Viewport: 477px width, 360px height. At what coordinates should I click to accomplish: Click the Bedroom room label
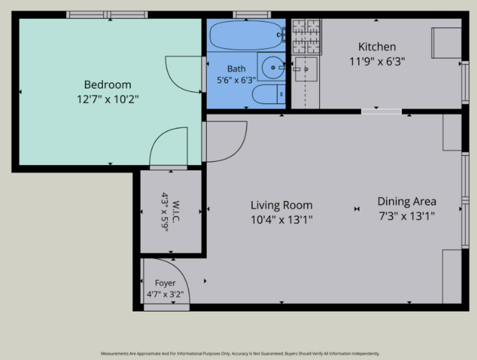pyautogui.click(x=108, y=85)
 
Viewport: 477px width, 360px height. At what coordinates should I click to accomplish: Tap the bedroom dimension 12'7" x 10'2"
pyautogui.click(x=108, y=99)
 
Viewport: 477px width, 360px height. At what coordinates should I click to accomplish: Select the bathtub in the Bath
pyautogui.click(x=246, y=35)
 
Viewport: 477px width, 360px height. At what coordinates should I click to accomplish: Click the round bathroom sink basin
pyautogui.click(x=273, y=67)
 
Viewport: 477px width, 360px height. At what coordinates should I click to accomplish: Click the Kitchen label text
pyautogui.click(x=377, y=47)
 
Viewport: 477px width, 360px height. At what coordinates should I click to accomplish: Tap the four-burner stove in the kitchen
pyautogui.click(x=306, y=36)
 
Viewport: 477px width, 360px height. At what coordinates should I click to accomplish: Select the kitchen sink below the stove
pyautogui.click(x=306, y=69)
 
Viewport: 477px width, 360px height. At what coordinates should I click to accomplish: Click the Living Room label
pyautogui.click(x=281, y=205)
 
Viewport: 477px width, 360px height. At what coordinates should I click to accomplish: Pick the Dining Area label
pyautogui.click(x=407, y=201)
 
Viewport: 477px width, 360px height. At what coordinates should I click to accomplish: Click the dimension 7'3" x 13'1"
pyautogui.click(x=407, y=216)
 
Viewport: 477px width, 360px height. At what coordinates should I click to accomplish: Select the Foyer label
pyautogui.click(x=165, y=283)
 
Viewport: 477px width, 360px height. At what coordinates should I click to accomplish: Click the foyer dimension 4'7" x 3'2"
pyautogui.click(x=165, y=294)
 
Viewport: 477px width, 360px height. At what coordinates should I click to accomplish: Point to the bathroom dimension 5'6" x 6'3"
pyautogui.click(x=236, y=80)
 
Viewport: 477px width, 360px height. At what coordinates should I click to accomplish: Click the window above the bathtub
pyautogui.click(x=252, y=15)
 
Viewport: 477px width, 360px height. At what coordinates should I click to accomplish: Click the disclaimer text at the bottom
pyautogui.click(x=240, y=354)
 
